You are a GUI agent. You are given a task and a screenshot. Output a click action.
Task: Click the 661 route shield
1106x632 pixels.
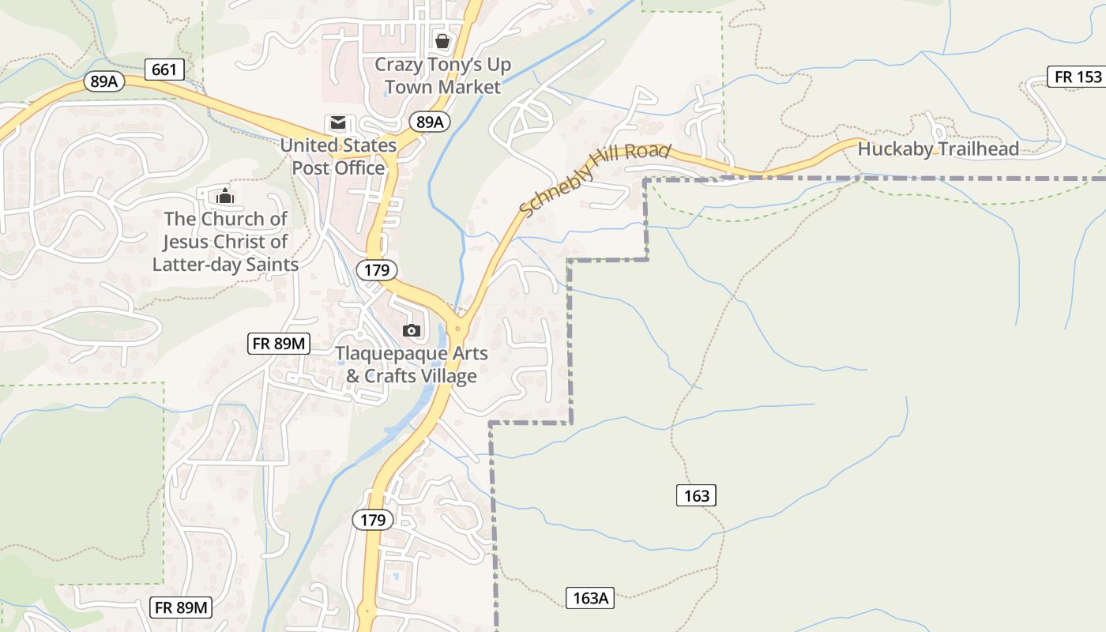pyautogui.click(x=164, y=70)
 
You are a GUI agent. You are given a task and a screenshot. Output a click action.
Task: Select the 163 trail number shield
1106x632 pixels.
pyautogui.click(x=696, y=495)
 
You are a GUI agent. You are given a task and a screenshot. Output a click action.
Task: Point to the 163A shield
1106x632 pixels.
pyautogui.click(x=590, y=598)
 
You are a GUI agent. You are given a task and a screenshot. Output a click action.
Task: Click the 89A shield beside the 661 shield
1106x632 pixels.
pyautogui.click(x=104, y=81)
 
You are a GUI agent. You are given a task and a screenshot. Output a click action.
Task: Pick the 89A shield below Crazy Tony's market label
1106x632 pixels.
pyautogui.click(x=429, y=122)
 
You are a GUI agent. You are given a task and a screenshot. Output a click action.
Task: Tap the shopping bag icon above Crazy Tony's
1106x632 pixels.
pyautogui.click(x=442, y=40)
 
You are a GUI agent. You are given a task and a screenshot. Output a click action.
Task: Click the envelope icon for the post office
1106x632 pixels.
pyautogui.click(x=338, y=123)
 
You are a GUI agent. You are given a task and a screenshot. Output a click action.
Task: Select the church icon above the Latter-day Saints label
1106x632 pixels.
pyautogui.click(x=225, y=195)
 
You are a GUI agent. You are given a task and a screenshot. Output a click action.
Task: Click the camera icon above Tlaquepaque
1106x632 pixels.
pyautogui.click(x=411, y=330)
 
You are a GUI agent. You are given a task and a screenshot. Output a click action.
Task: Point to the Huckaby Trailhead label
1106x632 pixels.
pyautogui.click(x=938, y=149)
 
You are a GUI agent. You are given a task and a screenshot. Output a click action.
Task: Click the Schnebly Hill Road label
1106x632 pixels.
pyautogui.click(x=595, y=179)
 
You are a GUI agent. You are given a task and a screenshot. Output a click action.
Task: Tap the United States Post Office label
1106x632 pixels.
pyautogui.click(x=338, y=156)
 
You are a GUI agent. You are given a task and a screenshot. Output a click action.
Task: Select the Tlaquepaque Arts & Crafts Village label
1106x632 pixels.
pyautogui.click(x=412, y=364)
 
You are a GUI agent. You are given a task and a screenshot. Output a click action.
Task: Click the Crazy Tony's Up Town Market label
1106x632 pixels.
pyautogui.click(x=442, y=76)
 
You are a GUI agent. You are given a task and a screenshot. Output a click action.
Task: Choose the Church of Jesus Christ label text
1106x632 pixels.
pyautogui.click(x=225, y=241)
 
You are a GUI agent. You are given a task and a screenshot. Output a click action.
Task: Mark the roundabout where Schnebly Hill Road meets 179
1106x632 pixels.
pyautogui.click(x=457, y=326)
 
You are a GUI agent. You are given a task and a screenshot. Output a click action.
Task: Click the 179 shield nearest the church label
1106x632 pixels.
pyautogui.click(x=377, y=270)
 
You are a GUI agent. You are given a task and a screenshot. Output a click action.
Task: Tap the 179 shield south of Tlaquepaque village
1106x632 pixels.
pyautogui.click(x=372, y=520)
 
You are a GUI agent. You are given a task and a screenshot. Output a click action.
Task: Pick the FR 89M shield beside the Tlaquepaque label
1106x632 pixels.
pyautogui.click(x=279, y=344)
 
